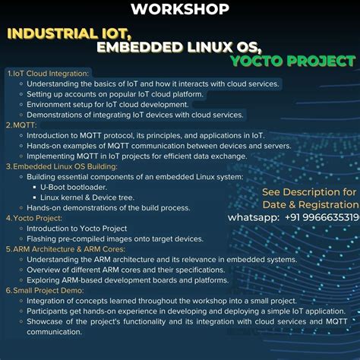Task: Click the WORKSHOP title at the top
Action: pos(180,9)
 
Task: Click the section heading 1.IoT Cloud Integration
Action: pos(48,73)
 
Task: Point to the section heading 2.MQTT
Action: pos(22,125)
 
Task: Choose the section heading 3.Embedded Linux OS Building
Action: pos(62,166)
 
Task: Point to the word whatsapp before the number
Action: pos(253,217)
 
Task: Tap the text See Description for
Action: pos(309,191)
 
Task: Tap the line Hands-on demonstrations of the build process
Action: pos(108,207)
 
